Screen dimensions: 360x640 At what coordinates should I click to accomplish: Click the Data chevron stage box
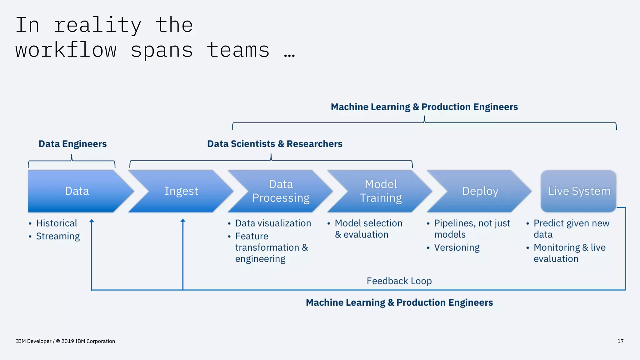(77, 191)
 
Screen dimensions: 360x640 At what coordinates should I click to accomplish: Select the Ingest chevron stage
(181, 191)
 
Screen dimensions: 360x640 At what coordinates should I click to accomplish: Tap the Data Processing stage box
(281, 191)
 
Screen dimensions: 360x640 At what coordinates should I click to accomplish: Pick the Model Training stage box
(381, 191)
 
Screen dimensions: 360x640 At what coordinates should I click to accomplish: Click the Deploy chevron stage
(480, 191)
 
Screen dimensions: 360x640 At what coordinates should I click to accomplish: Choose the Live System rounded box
(579, 191)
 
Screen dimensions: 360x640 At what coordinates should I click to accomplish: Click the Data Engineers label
(72, 144)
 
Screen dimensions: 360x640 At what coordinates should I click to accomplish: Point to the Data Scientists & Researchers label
(275, 144)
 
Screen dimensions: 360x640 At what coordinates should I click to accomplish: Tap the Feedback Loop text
(399, 281)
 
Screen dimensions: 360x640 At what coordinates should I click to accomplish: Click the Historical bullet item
(57, 223)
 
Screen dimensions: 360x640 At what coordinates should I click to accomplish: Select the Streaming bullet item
(58, 236)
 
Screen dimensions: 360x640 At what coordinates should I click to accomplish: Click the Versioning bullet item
(457, 247)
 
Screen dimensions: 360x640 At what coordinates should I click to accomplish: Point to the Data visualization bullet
(273, 223)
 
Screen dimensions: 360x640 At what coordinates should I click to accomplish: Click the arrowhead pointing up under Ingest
(183, 221)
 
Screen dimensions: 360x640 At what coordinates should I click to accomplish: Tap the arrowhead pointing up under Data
(92, 221)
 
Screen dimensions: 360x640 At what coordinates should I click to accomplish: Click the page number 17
(620, 341)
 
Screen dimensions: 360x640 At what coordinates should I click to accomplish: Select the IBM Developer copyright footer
(65, 341)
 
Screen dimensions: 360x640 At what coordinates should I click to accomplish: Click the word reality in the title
(97, 25)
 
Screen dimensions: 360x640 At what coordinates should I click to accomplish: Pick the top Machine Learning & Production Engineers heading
(424, 107)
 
